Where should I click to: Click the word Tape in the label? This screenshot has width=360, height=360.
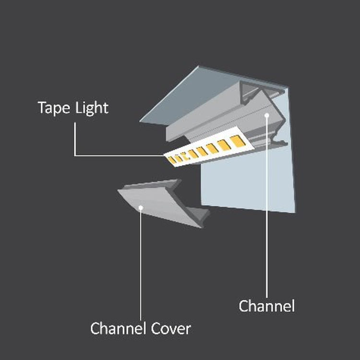(54, 108)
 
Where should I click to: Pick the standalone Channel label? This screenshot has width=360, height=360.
(267, 306)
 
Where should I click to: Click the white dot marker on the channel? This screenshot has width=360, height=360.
(266, 115)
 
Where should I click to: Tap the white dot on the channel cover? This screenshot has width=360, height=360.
(141, 208)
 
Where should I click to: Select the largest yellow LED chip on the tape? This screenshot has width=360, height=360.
(238, 141)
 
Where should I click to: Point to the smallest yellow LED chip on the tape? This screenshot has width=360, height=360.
(171, 160)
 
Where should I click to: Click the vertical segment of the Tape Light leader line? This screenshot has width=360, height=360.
(75, 139)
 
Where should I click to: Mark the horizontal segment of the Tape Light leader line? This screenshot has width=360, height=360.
(120, 156)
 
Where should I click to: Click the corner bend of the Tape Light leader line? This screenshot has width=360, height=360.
(75, 156)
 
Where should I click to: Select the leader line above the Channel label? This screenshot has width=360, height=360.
(266, 206)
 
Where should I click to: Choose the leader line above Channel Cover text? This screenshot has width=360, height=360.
(141, 264)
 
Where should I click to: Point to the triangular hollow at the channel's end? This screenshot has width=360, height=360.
(249, 91)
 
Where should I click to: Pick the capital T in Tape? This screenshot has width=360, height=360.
(42, 108)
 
